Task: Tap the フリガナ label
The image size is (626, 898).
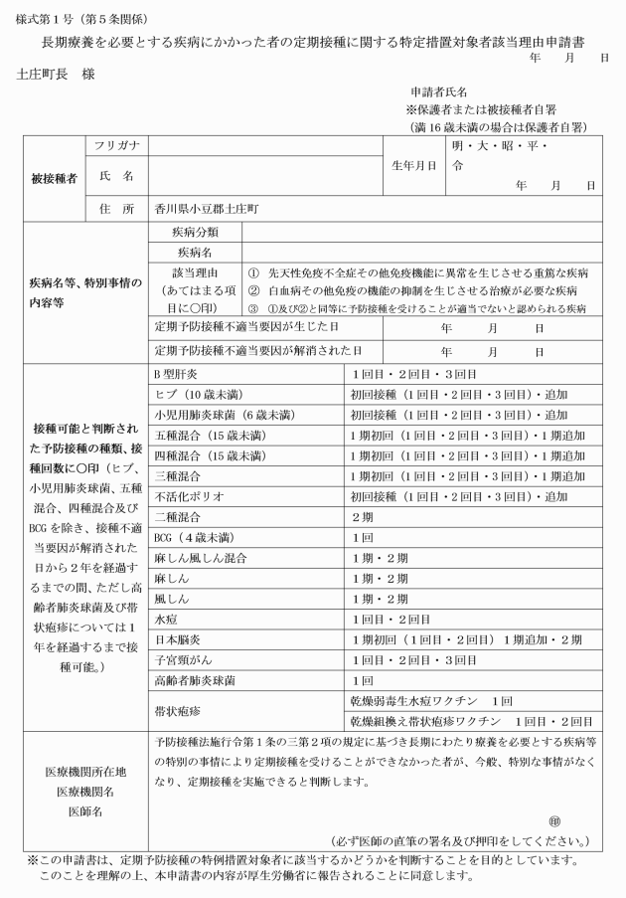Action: [116, 146]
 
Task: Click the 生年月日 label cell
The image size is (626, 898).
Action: [413, 165]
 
